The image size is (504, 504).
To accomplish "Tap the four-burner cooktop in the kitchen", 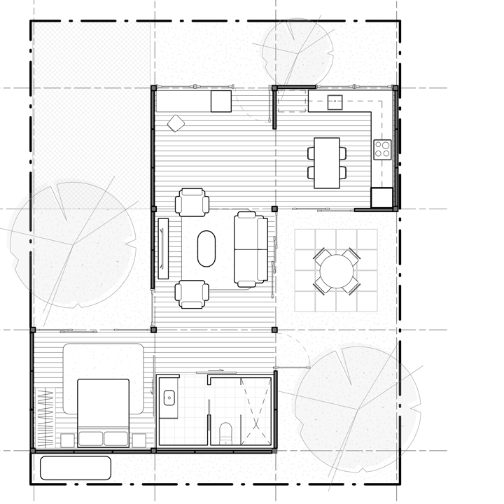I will (383, 149).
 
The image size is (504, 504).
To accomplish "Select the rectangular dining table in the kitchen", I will (327, 162).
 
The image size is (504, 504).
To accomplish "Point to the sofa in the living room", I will (250, 248).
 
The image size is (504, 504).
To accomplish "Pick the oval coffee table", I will (207, 248).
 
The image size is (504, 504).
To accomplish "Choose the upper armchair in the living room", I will (192, 203).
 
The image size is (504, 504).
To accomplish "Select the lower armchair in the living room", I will (192, 293).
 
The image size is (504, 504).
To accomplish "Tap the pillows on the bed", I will (103, 438).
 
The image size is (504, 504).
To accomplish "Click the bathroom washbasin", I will (169, 398).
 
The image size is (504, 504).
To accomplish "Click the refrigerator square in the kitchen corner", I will (381, 197).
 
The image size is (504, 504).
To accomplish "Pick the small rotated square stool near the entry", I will (175, 123).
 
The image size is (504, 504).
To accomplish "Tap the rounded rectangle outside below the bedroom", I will (76, 468).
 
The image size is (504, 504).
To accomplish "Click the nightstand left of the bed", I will (68, 440).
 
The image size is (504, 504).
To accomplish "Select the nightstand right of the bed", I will (139, 440).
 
